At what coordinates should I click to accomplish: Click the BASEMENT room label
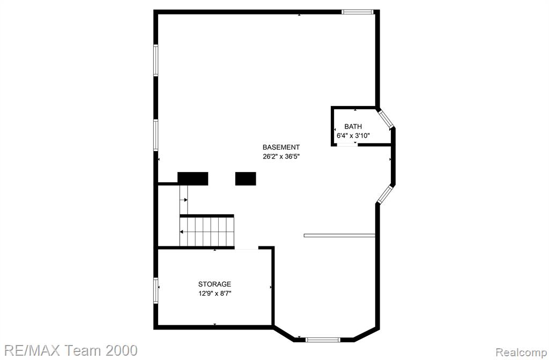pyautogui.click(x=281, y=147)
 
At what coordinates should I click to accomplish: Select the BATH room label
pyautogui.click(x=353, y=126)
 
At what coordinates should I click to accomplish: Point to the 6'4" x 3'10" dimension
pyautogui.click(x=353, y=136)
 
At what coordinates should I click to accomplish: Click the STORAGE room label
pyautogui.click(x=214, y=284)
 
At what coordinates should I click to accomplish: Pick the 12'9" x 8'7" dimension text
pyautogui.click(x=214, y=294)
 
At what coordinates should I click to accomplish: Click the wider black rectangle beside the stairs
pyautogui.click(x=193, y=178)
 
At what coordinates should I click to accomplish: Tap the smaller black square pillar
pyautogui.click(x=246, y=178)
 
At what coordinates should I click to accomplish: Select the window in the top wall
pyautogui.click(x=358, y=12)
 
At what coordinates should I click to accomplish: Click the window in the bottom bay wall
pyautogui.click(x=323, y=339)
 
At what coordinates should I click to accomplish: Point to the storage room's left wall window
pyautogui.click(x=156, y=290)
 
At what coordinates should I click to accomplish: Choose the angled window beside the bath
pyautogui.click(x=386, y=119)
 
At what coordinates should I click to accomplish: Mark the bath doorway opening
pyautogui.click(x=347, y=145)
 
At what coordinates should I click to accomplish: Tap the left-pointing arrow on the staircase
pyautogui.click(x=182, y=231)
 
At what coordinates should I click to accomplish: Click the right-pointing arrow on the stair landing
pyautogui.click(x=185, y=200)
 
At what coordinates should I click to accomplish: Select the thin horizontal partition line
pyautogui.click(x=339, y=236)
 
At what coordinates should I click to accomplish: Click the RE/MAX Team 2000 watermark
pyautogui.click(x=71, y=350)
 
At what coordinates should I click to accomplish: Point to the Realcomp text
pyautogui.click(x=521, y=352)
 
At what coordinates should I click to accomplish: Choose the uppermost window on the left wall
pyautogui.click(x=156, y=60)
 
